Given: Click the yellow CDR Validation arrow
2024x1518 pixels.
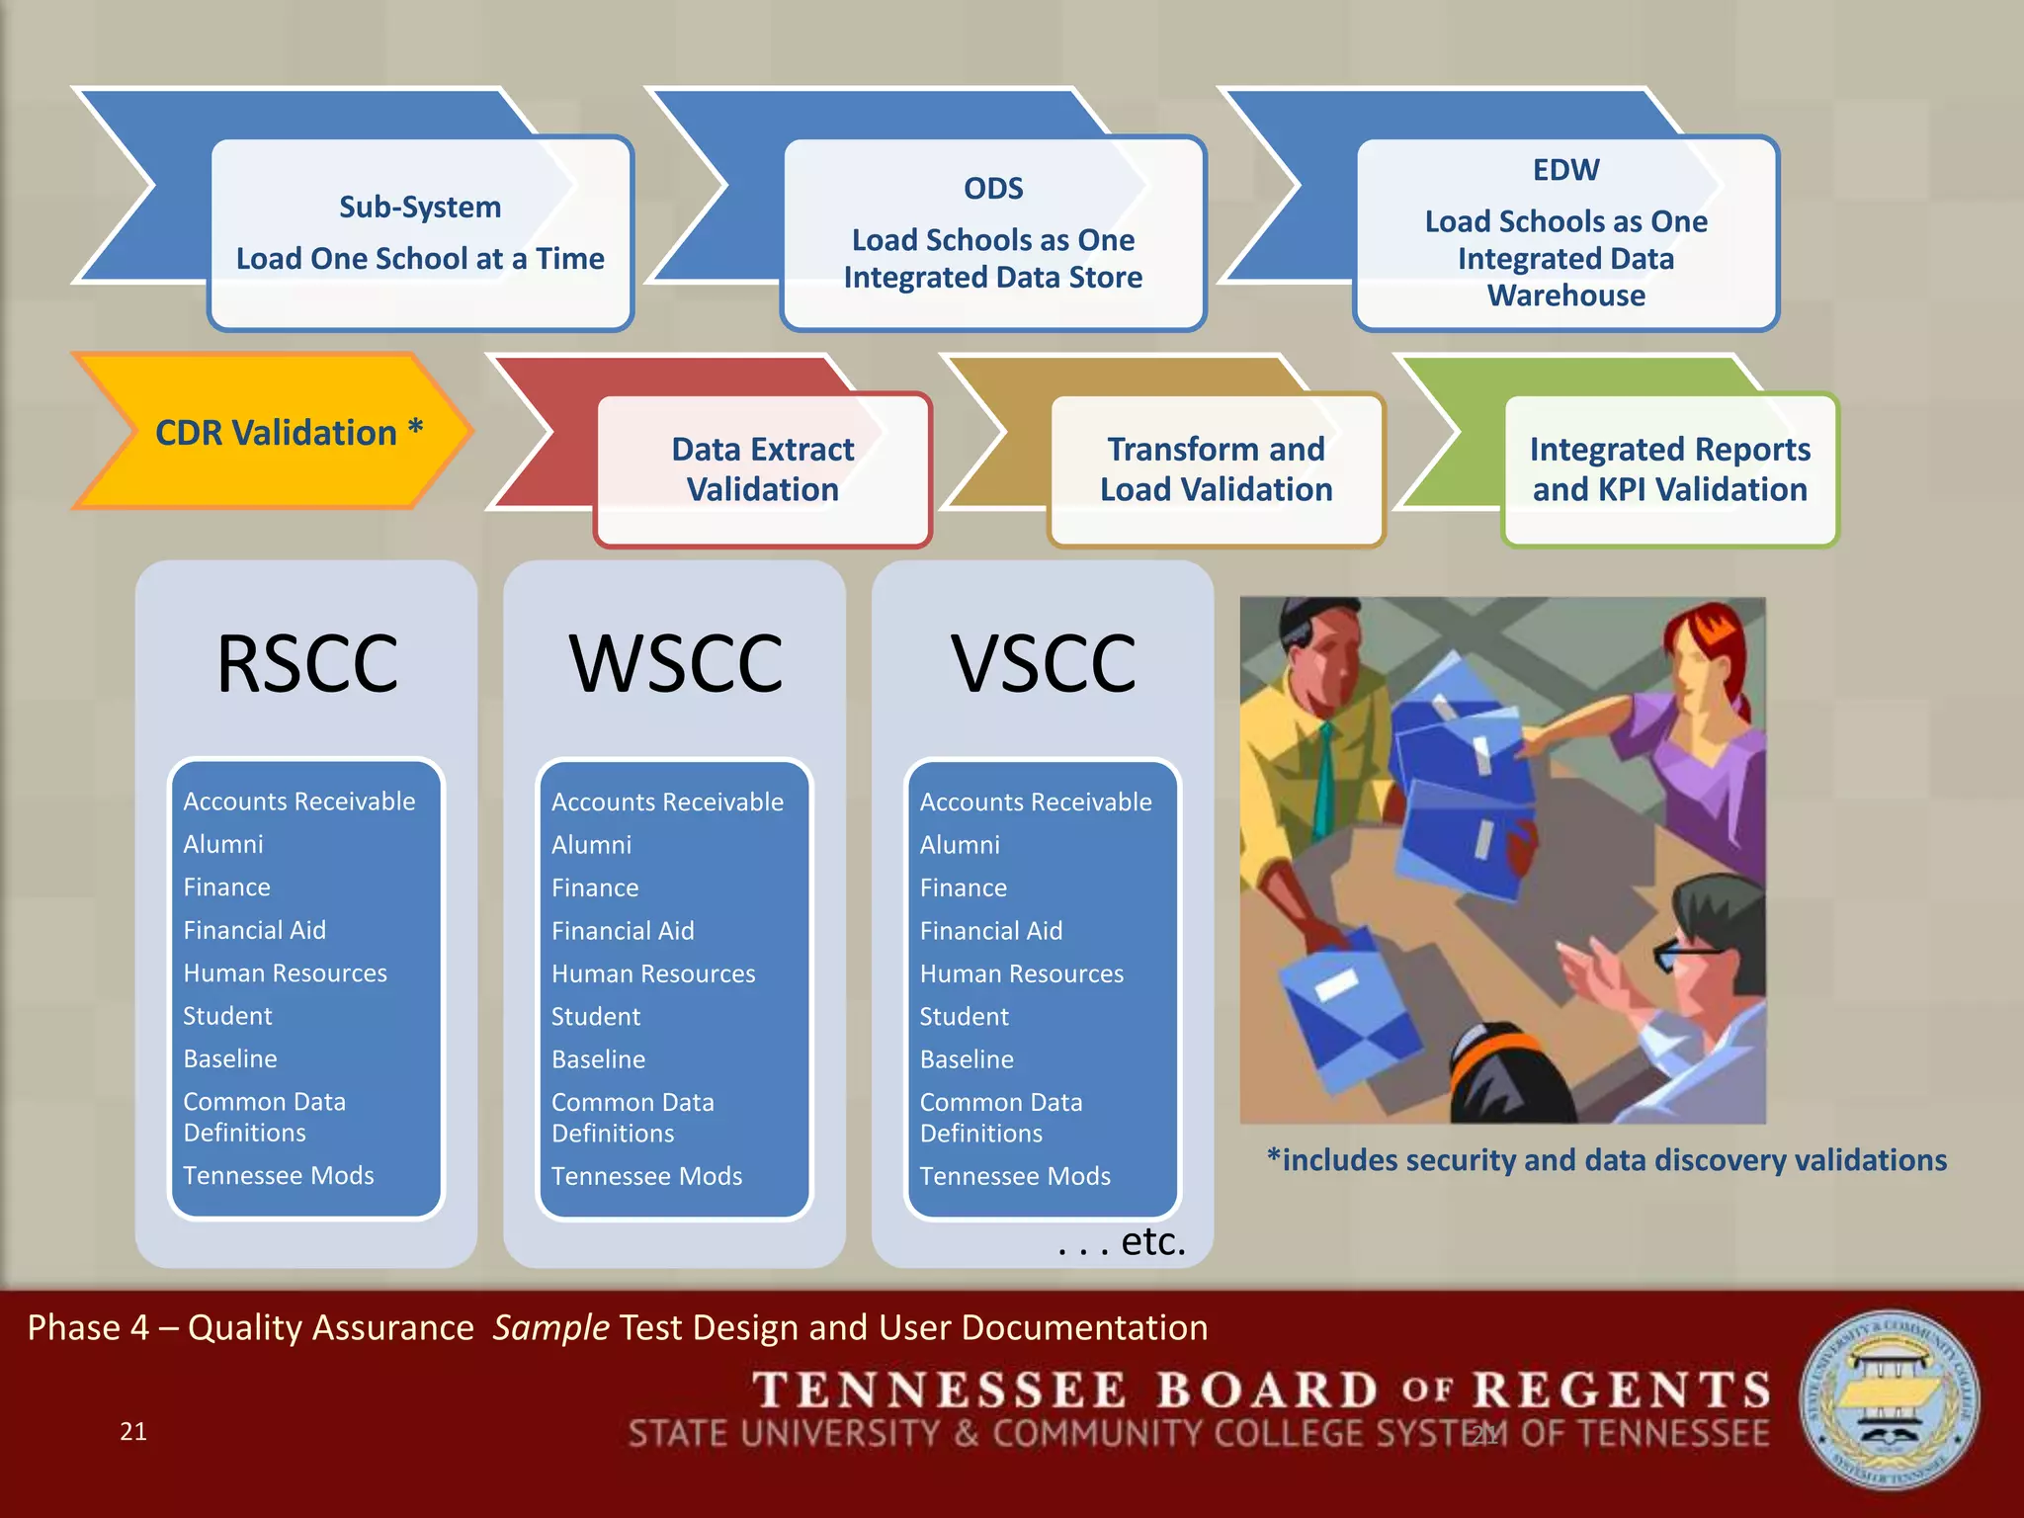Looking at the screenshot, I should tap(277, 433).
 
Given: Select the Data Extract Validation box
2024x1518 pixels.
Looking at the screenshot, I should tap(763, 469).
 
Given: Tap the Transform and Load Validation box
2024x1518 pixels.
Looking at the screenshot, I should tap(1216, 469).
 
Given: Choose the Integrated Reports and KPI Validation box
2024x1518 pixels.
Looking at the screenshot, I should tap(1669, 469).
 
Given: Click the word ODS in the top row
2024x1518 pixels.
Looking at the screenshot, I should tap(993, 188).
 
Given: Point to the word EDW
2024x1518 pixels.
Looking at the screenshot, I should tap(1565, 170).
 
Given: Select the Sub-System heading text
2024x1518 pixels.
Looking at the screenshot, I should tap(420, 207).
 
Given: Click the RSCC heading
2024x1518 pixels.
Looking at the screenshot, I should tap(307, 663).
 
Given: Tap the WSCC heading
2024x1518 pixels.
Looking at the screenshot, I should tap(676, 663).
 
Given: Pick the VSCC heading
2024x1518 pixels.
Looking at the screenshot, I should tap(1044, 663).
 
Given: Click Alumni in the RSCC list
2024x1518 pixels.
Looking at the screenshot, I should tap(223, 844).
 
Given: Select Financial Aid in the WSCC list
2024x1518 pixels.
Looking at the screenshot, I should tap(623, 931).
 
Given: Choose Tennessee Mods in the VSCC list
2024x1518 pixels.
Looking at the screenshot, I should tap(1015, 1176).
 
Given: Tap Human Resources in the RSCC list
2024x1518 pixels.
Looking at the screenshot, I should tap(285, 973).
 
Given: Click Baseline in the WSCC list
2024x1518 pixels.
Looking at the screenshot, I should tap(598, 1059).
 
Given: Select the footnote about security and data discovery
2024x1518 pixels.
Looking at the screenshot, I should tap(1607, 1160).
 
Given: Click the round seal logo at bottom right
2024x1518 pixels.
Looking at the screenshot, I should tap(1889, 1399).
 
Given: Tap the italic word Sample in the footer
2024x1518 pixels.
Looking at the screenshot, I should tap(550, 1327).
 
